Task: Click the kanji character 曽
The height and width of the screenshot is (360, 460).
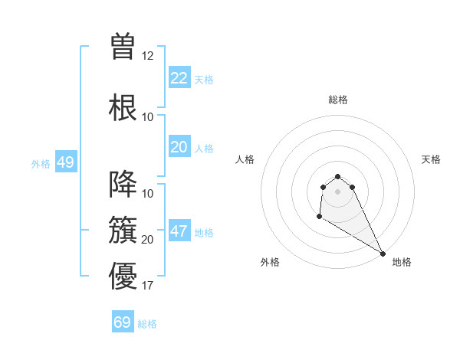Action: click(123, 46)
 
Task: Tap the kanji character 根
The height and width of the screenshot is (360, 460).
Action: click(123, 106)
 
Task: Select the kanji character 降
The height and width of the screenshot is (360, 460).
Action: click(123, 184)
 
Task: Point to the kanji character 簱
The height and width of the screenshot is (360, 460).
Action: click(123, 229)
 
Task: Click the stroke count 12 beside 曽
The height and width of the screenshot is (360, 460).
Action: click(148, 56)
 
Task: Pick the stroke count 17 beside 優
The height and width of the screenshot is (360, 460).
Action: click(148, 286)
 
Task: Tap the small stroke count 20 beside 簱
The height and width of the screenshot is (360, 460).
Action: click(148, 240)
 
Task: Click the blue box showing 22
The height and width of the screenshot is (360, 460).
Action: click(179, 78)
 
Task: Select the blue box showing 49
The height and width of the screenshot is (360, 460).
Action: click(65, 162)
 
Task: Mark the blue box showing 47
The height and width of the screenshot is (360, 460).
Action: click(179, 231)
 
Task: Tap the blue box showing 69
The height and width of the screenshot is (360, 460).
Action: click(123, 322)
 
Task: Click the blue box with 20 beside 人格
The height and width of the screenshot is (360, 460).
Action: click(179, 147)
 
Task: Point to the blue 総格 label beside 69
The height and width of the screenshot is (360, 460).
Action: click(147, 324)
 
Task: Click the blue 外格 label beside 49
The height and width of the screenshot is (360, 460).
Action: click(41, 163)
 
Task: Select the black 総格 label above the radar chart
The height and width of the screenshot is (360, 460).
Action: click(338, 100)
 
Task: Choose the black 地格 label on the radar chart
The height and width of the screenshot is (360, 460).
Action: click(402, 262)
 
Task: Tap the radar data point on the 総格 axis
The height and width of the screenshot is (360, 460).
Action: click(338, 174)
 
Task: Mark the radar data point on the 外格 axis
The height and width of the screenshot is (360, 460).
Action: click(319, 218)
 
